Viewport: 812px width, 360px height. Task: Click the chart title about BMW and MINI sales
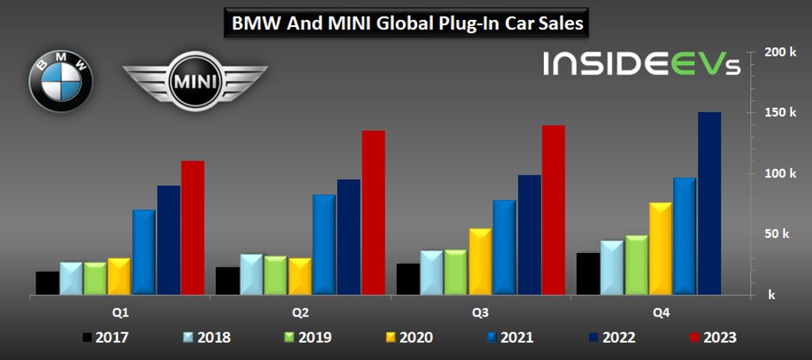[407, 24]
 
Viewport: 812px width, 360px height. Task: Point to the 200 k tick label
[780, 52]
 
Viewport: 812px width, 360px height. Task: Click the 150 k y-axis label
[780, 113]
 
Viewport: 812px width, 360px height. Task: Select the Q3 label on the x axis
[481, 312]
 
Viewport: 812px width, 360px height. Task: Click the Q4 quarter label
[661, 312]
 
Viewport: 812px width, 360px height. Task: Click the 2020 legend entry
[409, 338]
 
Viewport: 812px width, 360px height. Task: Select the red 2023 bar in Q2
[373, 213]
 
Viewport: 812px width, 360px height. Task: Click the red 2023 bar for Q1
[193, 228]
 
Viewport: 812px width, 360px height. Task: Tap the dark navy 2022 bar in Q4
[709, 203]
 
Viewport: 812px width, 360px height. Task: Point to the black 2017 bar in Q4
[588, 274]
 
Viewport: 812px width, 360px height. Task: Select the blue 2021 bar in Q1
[144, 252]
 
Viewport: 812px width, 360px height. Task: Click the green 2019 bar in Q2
[275, 275]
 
